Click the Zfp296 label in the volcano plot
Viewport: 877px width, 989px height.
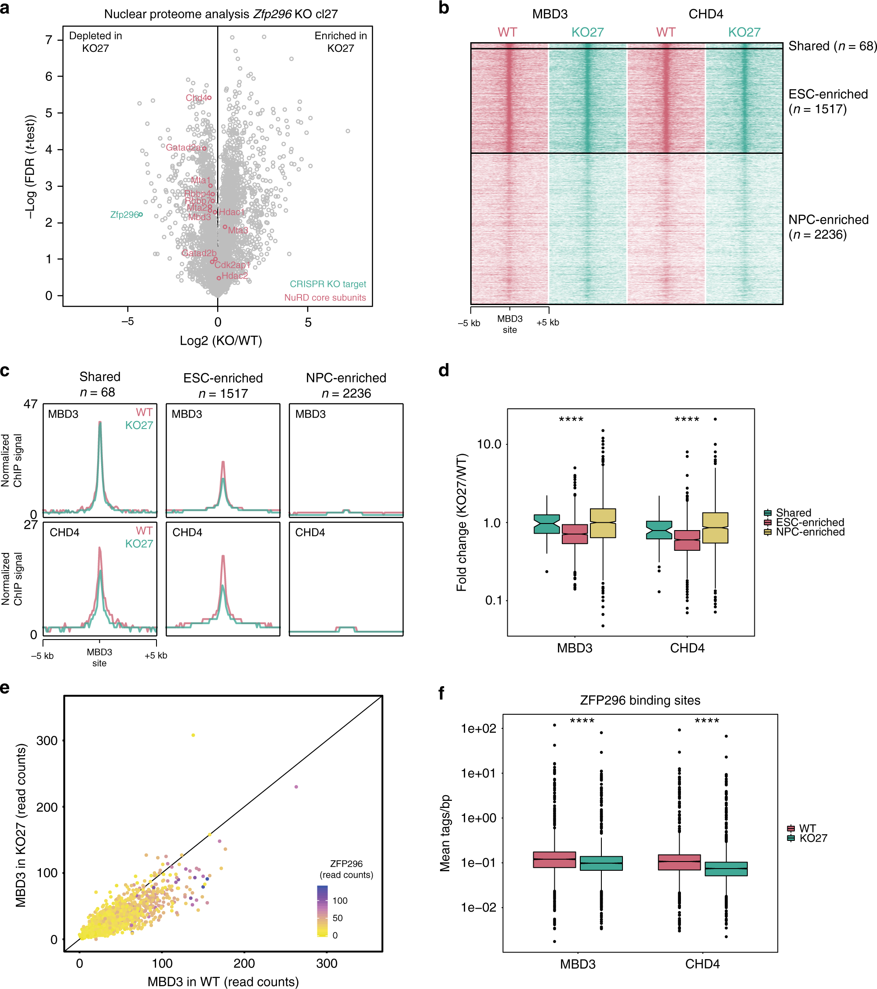(x=124, y=215)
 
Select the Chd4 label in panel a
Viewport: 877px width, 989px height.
(x=196, y=98)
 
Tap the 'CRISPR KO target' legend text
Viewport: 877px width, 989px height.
(x=328, y=284)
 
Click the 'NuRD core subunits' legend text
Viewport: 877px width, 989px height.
(x=325, y=298)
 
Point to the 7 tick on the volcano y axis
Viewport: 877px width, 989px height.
(x=49, y=40)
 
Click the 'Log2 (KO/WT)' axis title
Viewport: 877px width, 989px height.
(x=221, y=341)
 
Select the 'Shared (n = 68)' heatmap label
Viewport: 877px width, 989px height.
(x=832, y=46)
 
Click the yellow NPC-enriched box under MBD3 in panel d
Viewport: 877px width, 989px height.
(x=603, y=523)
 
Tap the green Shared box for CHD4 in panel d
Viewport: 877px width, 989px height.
(x=659, y=530)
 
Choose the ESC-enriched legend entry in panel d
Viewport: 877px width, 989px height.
(x=810, y=523)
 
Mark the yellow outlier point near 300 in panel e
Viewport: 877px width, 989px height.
(x=193, y=735)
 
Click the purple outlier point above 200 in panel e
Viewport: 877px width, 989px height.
(x=296, y=787)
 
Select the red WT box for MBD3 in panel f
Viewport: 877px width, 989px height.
(x=555, y=860)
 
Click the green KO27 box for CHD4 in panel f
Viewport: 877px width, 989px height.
(x=726, y=869)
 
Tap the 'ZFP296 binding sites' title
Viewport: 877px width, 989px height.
(x=640, y=701)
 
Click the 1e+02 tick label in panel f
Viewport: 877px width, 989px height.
(x=479, y=729)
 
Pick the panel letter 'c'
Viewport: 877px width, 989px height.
(x=5, y=371)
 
